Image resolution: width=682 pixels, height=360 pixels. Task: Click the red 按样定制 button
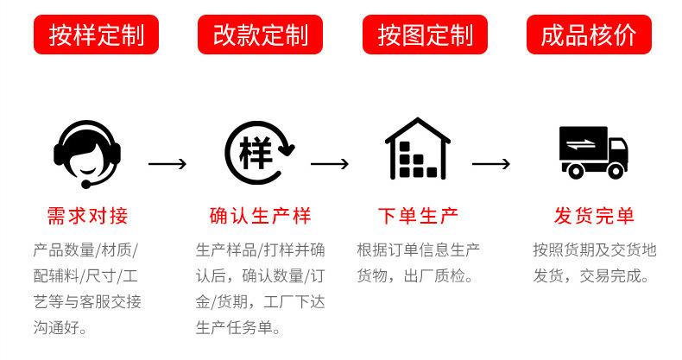(x=96, y=35)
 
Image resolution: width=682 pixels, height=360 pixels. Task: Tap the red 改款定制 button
(x=260, y=35)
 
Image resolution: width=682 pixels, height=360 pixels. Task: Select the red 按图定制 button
(x=425, y=35)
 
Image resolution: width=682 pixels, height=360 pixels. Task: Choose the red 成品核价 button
(x=590, y=35)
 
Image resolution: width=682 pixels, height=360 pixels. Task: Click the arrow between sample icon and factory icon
(x=329, y=164)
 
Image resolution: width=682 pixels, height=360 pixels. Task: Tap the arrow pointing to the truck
(x=491, y=164)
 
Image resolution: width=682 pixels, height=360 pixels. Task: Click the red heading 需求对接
(x=87, y=216)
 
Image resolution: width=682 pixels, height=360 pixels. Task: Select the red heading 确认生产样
(x=260, y=216)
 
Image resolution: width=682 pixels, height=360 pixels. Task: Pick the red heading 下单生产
(x=418, y=216)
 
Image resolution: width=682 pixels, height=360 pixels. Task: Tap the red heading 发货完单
(x=594, y=216)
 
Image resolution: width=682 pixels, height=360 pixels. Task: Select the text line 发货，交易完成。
(x=591, y=277)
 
